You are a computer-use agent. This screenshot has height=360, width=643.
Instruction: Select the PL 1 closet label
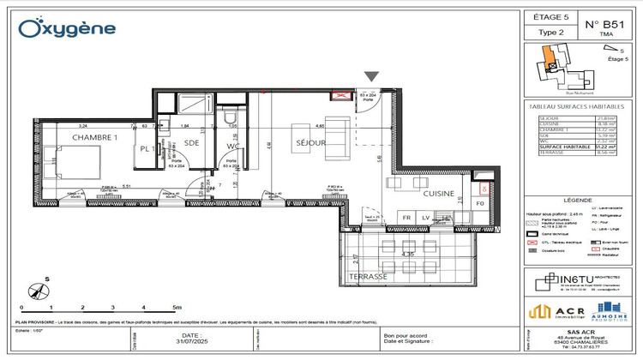click(x=147, y=149)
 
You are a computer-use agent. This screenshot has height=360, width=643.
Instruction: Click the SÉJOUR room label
click(x=310, y=143)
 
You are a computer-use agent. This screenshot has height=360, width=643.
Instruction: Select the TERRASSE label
click(x=369, y=278)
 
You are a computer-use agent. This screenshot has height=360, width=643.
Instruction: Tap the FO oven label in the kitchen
click(x=481, y=206)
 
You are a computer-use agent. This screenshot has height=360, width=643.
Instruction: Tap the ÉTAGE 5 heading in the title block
click(x=551, y=17)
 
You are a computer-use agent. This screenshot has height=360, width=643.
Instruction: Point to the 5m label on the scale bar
click(x=177, y=306)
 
